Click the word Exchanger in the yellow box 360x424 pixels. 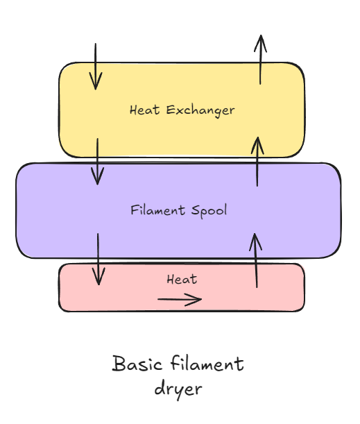point(200,110)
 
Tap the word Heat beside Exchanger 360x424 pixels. point(144,110)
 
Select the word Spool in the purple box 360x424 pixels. point(209,211)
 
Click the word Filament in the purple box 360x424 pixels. point(158,210)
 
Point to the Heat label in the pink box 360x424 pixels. point(182,280)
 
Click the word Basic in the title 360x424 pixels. point(137,364)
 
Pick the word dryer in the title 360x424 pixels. point(178,389)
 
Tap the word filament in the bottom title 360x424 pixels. point(207,363)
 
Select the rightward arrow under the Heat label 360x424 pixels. point(180,299)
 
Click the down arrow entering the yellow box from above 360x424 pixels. point(96,66)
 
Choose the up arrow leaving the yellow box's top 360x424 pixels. point(260,60)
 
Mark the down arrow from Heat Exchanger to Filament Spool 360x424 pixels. point(98,162)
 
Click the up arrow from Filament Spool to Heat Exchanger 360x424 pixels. point(257,162)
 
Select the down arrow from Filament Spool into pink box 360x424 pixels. point(98,259)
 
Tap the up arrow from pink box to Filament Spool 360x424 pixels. point(256,260)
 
